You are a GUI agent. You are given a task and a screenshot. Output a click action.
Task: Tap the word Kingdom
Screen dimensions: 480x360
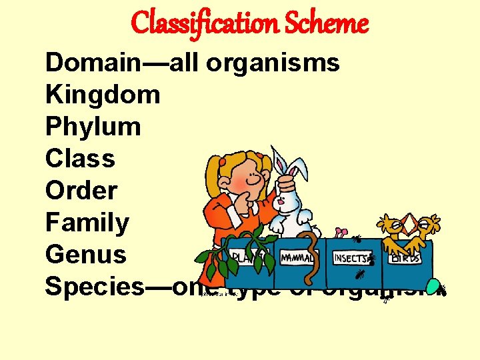(x=103, y=95)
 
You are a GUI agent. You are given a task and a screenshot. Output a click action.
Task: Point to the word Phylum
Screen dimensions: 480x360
(x=93, y=127)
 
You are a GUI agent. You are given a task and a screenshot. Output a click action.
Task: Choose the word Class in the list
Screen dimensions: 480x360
(x=80, y=159)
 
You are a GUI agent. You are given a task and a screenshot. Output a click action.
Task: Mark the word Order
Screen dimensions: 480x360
(x=81, y=191)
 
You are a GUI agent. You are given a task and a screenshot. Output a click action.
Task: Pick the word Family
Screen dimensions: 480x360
(x=87, y=223)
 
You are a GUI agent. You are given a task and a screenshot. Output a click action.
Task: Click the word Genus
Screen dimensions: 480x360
(x=85, y=254)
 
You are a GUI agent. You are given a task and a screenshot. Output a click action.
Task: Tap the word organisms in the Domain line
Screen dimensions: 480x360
(x=273, y=63)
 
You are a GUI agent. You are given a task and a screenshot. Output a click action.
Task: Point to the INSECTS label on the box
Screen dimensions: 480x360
(x=350, y=258)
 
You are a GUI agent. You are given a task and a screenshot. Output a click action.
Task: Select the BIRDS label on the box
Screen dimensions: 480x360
(x=405, y=258)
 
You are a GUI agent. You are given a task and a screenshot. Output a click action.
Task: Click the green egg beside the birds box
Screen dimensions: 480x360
(x=433, y=286)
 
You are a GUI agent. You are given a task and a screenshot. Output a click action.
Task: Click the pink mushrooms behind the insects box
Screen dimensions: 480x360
(x=341, y=233)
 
